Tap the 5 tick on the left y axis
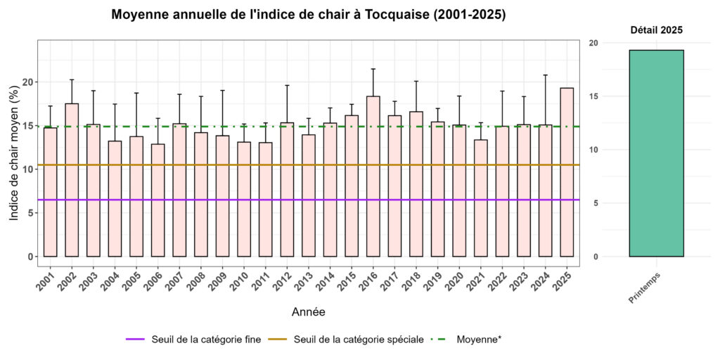click(x=29, y=213)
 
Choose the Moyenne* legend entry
click(x=479, y=339)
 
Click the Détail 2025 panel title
click(x=655, y=30)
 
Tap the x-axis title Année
click(x=308, y=311)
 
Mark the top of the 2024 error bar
click(x=545, y=75)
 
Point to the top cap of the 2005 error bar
click(x=136, y=93)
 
